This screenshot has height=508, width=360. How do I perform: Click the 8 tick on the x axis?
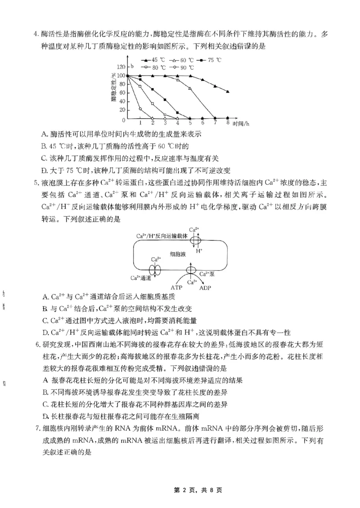[228, 123]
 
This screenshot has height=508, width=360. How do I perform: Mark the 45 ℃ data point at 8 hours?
[228, 92]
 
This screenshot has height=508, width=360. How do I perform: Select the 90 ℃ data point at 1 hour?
[140, 109]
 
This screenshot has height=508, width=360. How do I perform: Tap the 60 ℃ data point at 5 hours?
[189, 88]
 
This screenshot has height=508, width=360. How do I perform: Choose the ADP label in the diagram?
[205, 287]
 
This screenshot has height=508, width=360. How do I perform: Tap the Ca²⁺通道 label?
[140, 278]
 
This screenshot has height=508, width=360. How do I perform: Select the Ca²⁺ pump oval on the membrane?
[191, 271]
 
